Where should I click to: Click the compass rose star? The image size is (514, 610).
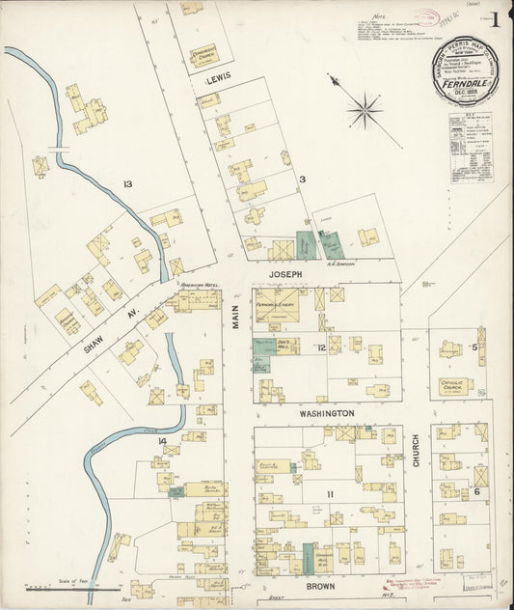(365, 109)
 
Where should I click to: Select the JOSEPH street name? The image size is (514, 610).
(285, 275)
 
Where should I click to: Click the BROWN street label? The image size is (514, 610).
(320, 585)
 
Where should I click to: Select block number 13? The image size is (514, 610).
(126, 183)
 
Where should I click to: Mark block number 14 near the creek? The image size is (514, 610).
(163, 442)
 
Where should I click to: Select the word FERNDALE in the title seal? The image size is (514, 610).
(464, 83)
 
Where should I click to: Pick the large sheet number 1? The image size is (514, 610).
(495, 18)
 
